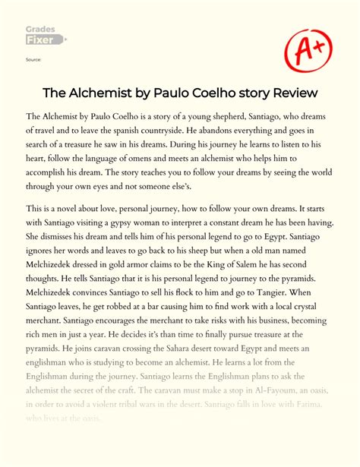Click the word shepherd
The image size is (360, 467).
(x=215, y=117)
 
